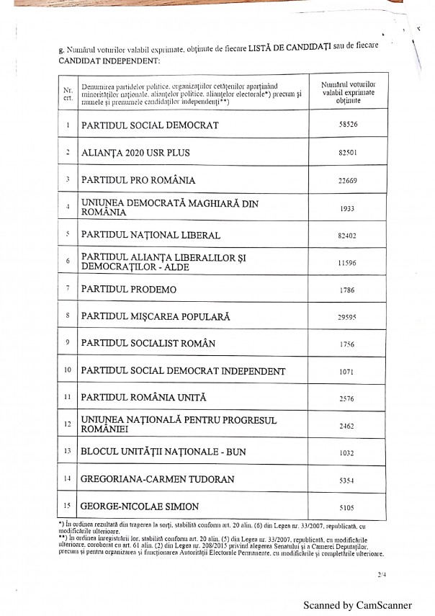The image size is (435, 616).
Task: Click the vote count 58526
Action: coord(349,124)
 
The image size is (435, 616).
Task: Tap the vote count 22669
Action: coord(349,180)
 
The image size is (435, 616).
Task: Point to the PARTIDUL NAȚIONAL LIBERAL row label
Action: coord(151,235)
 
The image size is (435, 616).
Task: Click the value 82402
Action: coord(349,235)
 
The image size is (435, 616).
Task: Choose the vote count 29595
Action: coord(349,316)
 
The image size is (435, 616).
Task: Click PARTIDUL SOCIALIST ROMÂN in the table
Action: coord(148,344)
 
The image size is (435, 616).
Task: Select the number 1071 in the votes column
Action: coord(349,372)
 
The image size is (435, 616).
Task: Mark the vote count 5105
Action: coord(349,506)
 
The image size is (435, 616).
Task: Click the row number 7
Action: coord(67,288)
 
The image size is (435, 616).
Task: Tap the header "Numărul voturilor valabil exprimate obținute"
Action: coord(349,93)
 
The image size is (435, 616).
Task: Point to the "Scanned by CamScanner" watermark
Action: coord(357,605)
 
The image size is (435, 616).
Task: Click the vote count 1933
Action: coord(349,207)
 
